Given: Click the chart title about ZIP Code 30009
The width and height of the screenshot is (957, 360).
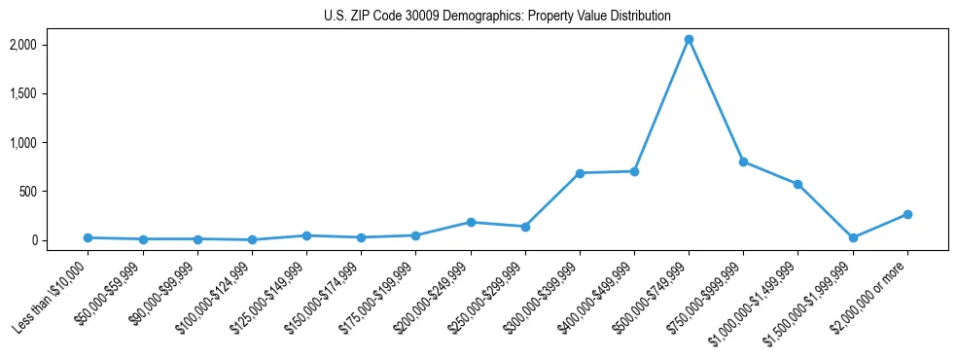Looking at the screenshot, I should pyautogui.click(x=497, y=17).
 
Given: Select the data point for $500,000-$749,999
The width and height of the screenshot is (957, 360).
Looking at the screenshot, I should pyautogui.click(x=689, y=40).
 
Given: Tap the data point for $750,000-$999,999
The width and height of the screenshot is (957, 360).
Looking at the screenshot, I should pyautogui.click(x=743, y=162).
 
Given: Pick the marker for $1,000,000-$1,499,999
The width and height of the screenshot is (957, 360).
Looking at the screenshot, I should pyautogui.click(x=797, y=184).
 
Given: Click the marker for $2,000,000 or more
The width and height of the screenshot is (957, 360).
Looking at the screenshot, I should pyautogui.click(x=907, y=214).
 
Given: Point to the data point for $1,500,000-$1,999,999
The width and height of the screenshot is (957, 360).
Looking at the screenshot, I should pyautogui.click(x=853, y=237).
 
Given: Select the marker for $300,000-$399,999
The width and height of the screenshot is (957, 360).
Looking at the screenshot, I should pyautogui.click(x=580, y=173).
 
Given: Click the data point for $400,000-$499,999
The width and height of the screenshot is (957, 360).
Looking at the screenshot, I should pyautogui.click(x=634, y=171).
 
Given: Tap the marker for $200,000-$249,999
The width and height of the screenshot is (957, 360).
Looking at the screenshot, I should pyautogui.click(x=471, y=222).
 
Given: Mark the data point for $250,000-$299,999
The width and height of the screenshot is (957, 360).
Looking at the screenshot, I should pyautogui.click(x=525, y=227).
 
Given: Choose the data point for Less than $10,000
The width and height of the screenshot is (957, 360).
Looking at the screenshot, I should pyautogui.click(x=89, y=237).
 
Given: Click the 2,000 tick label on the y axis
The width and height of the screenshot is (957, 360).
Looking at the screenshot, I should pyautogui.click(x=50, y=45).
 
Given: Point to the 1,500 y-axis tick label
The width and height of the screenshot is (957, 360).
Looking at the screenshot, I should pyautogui.click(x=50, y=93).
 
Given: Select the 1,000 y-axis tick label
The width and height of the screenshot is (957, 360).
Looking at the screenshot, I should pyautogui.click(x=50, y=143).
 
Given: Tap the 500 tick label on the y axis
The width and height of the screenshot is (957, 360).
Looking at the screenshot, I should pyautogui.click(x=54, y=192).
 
